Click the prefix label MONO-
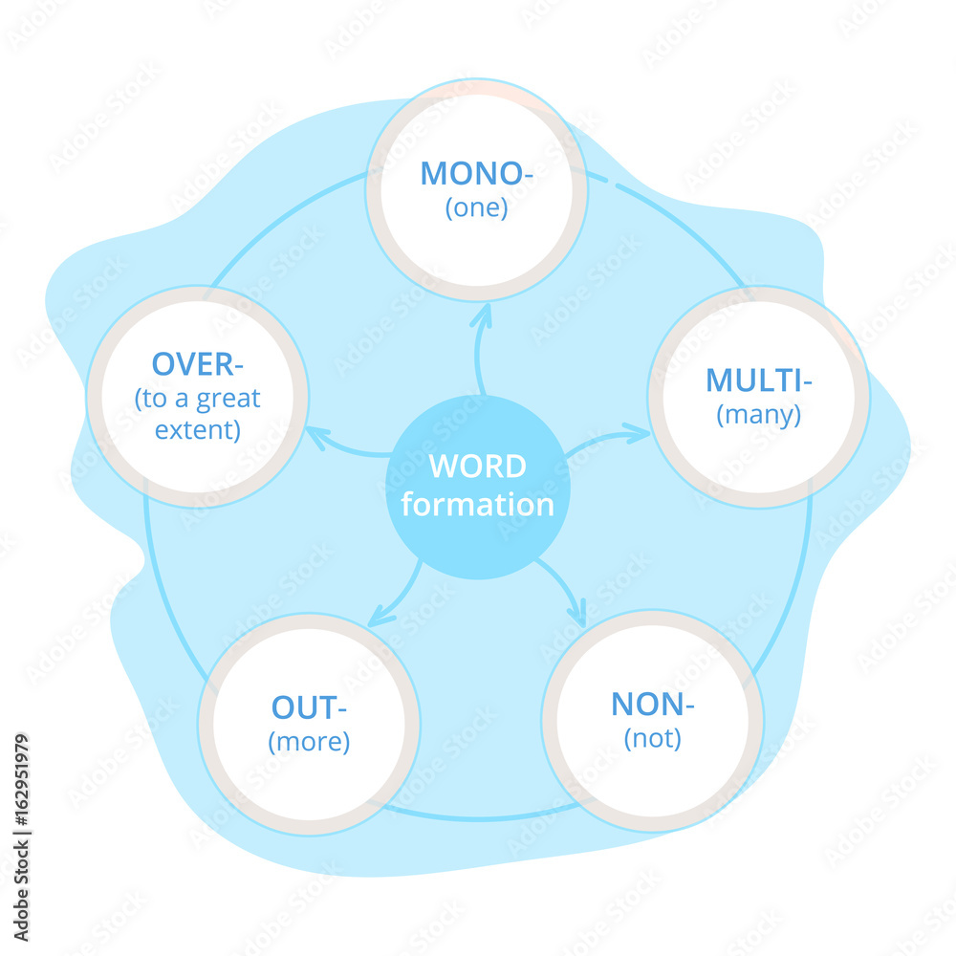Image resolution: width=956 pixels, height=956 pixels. pos(476,173)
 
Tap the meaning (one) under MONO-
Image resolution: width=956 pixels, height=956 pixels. pos(476,208)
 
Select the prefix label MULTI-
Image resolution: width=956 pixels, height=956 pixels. pos(759,380)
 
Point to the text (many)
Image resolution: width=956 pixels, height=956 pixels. pos(759,415)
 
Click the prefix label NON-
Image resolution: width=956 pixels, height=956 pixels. pos(652,705)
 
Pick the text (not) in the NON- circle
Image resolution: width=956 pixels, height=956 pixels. pos(652,739)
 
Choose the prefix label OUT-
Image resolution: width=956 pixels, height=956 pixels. pos(308,708)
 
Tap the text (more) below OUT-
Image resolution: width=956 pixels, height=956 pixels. pos(308,742)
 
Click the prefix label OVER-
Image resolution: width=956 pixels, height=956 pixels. pos(196,364)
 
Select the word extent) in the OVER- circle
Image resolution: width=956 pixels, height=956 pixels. pos(197,430)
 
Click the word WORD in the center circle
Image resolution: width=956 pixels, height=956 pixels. pos(477,467)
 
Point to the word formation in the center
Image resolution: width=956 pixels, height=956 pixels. pos(477,505)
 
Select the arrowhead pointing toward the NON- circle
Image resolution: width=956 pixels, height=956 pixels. pos(576,615)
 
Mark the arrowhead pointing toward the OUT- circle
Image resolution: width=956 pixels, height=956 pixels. pos(379,618)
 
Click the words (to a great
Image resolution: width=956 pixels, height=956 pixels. pos(197,398)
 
